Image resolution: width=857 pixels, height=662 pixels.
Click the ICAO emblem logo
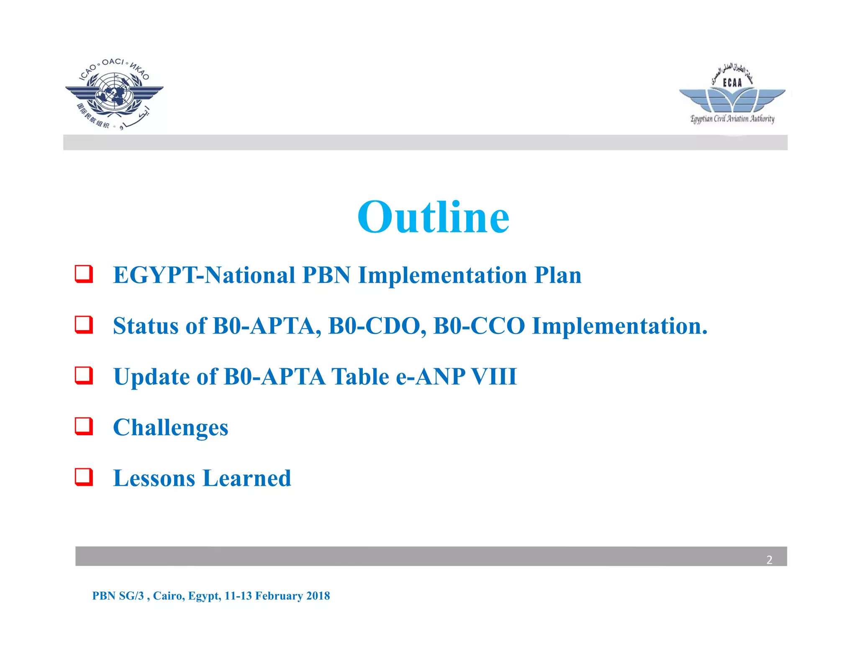click(x=114, y=95)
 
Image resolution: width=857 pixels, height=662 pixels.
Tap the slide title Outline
click(x=433, y=217)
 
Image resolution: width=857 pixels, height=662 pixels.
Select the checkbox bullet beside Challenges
click(x=84, y=426)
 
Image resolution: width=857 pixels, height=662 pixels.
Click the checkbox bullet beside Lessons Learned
click(x=84, y=477)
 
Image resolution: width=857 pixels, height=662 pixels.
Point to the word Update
click(x=152, y=377)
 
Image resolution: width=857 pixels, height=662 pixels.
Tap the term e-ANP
click(x=430, y=377)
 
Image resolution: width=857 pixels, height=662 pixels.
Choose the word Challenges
click(x=171, y=428)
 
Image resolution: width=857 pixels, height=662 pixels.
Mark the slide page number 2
click(x=769, y=560)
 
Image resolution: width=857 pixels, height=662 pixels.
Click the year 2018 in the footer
click(x=318, y=596)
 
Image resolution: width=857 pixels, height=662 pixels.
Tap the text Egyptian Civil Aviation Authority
click(x=732, y=119)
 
